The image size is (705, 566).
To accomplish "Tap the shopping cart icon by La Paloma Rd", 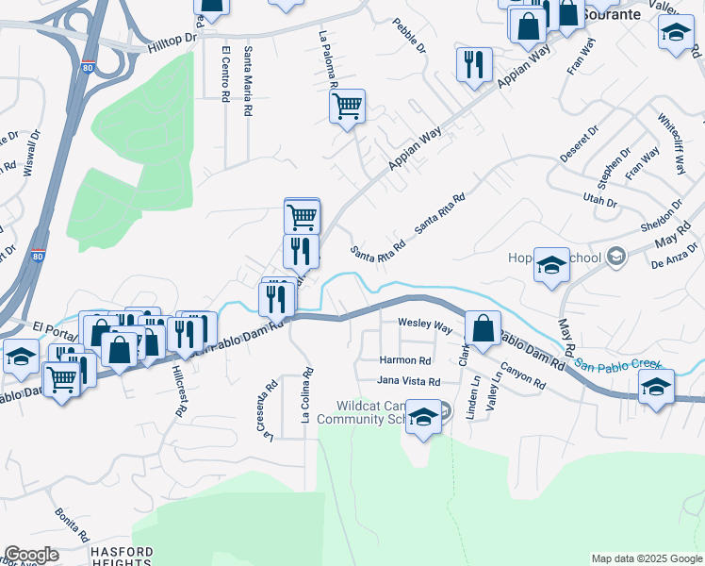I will [347, 106].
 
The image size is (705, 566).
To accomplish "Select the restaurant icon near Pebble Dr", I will [473, 64].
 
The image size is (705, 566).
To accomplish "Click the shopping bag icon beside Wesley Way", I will [483, 329].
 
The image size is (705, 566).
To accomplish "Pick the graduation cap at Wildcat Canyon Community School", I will [424, 416].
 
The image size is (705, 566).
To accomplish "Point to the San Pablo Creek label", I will [618, 364].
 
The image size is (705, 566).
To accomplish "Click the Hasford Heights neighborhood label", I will [121, 556].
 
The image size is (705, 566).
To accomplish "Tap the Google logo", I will [31, 555].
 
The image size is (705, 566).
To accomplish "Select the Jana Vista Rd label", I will [409, 381].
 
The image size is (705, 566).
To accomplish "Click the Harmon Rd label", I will [405, 360].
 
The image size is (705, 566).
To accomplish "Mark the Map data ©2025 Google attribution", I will [647, 558].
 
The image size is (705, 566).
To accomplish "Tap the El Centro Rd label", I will [225, 74].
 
